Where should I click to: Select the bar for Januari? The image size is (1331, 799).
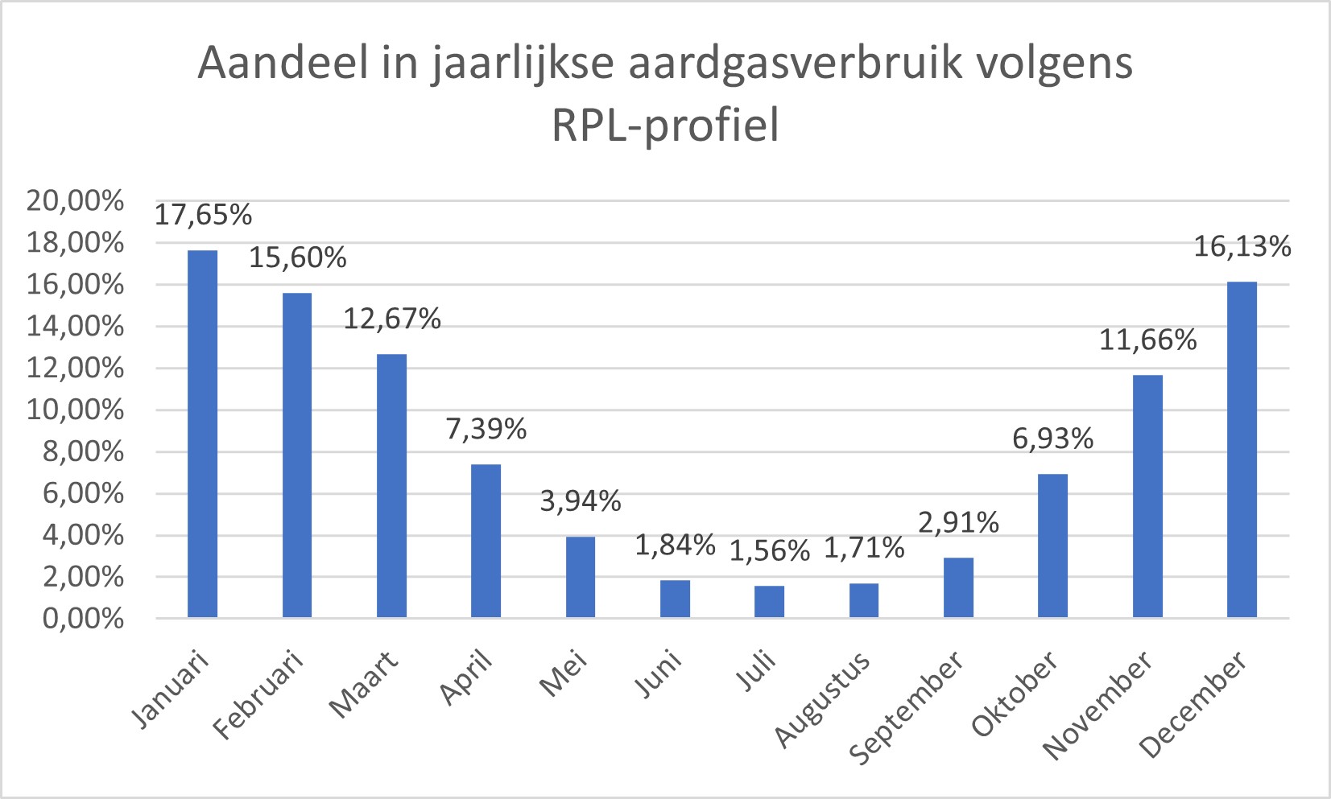pos(202,435)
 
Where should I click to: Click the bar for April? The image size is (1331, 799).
pos(486,541)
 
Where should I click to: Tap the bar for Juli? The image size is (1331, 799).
pos(769,601)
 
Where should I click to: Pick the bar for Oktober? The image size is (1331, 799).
pos(1052,546)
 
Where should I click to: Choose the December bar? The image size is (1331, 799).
pos(1242,450)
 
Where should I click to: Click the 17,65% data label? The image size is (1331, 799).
pos(203,215)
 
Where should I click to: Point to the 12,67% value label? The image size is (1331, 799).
pos(392,319)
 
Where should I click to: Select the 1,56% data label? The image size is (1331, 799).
pos(769,551)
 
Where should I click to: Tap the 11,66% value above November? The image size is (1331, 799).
pos(1147,340)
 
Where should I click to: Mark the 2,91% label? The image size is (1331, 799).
pos(958,523)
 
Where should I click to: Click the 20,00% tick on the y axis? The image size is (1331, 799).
pos(76,200)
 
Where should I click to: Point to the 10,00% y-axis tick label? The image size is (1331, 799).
pos(76,410)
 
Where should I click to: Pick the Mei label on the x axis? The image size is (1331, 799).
pos(564,674)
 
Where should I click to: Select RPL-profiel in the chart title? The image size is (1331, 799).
pos(665,126)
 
